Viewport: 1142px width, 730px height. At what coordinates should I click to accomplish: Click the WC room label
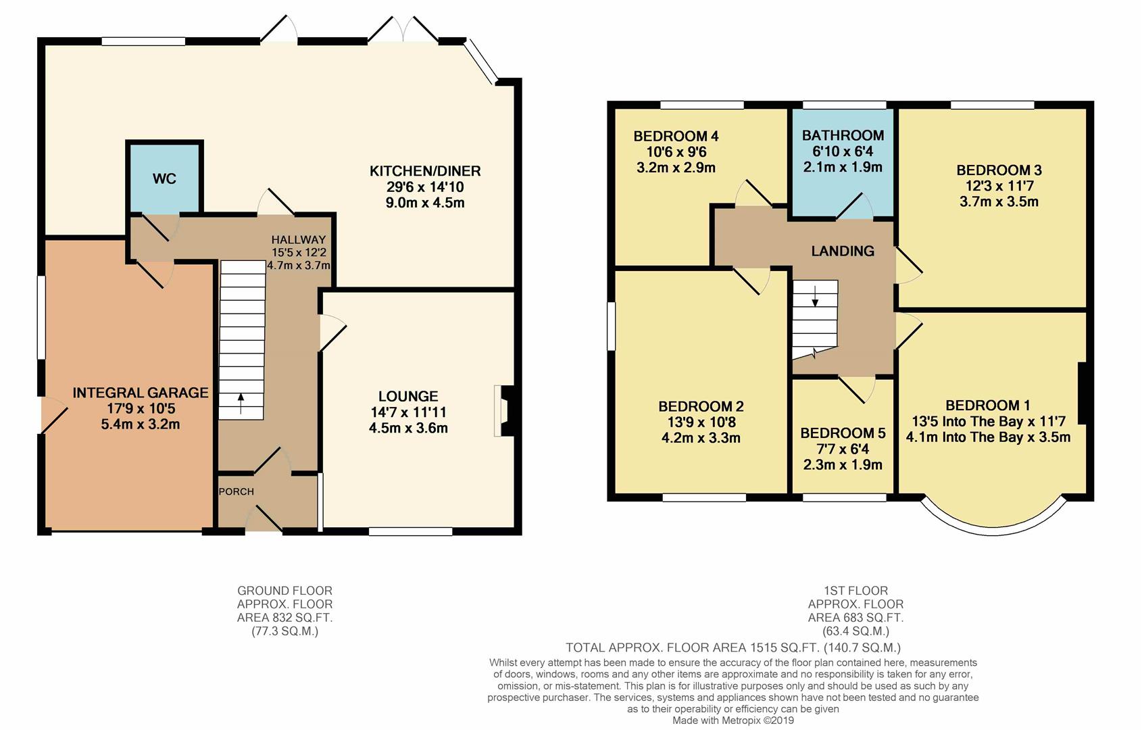click(164, 178)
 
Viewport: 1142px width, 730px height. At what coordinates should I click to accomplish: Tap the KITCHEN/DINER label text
click(425, 171)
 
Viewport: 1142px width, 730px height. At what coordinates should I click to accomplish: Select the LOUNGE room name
click(408, 396)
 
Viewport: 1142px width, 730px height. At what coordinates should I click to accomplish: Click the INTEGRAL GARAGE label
click(140, 393)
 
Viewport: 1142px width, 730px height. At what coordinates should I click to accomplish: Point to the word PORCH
click(236, 491)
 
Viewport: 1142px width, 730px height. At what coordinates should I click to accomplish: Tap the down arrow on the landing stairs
click(815, 296)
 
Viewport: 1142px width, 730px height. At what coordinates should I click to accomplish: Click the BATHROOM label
click(843, 135)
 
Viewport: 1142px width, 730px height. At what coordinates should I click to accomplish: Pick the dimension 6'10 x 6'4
click(843, 151)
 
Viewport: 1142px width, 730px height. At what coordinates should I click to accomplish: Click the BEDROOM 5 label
click(843, 433)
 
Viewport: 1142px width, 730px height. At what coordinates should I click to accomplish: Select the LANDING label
click(843, 251)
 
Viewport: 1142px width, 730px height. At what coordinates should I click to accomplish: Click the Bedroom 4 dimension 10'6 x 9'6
click(676, 152)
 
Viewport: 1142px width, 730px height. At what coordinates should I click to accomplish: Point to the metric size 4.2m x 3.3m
click(701, 438)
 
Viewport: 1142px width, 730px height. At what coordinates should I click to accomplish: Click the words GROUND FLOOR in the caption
click(284, 591)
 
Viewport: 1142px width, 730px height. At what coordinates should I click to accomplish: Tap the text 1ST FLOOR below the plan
click(856, 591)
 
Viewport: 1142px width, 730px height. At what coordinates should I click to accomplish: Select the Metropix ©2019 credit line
click(733, 721)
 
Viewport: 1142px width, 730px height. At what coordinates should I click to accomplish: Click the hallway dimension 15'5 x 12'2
click(299, 252)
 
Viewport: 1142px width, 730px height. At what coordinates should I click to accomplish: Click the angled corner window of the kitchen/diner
click(480, 62)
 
